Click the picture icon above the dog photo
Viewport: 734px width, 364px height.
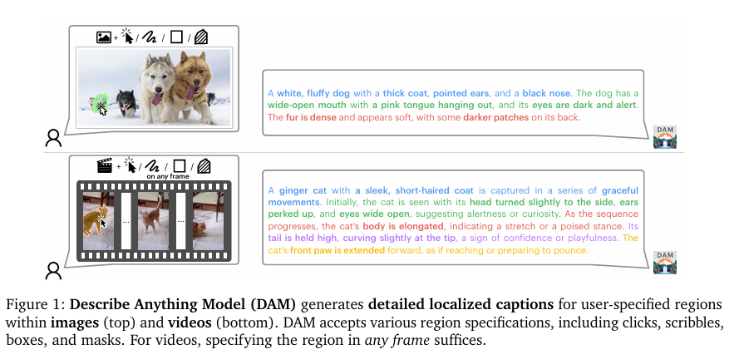pos(104,37)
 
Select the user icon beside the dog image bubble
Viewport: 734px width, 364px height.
pos(53,138)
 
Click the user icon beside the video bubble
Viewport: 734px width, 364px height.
pos(53,269)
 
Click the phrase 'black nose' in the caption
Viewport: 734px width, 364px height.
pos(546,93)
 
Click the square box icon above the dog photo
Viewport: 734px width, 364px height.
pos(177,37)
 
